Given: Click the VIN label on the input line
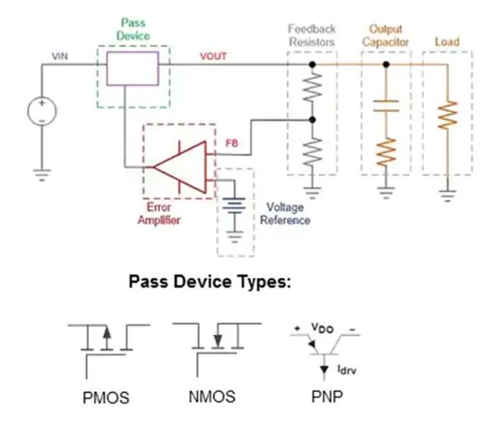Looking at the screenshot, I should tap(59, 56).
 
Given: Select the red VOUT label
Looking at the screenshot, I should tap(213, 56).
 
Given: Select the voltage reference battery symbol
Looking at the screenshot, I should tap(235, 207).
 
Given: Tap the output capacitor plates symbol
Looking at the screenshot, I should tap(387, 105).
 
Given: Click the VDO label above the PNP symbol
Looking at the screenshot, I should tap(324, 327).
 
